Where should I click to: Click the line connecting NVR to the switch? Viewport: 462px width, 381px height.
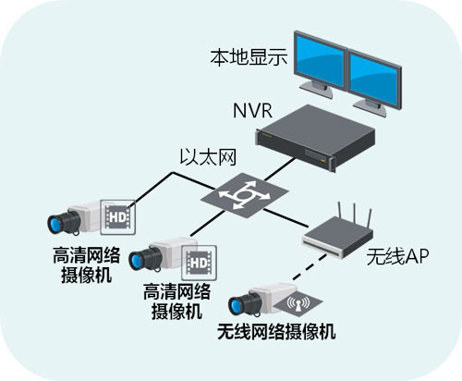coord(268,171)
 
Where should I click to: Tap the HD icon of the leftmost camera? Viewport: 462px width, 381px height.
coord(116,216)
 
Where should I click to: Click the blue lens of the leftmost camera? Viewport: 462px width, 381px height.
coord(60,223)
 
